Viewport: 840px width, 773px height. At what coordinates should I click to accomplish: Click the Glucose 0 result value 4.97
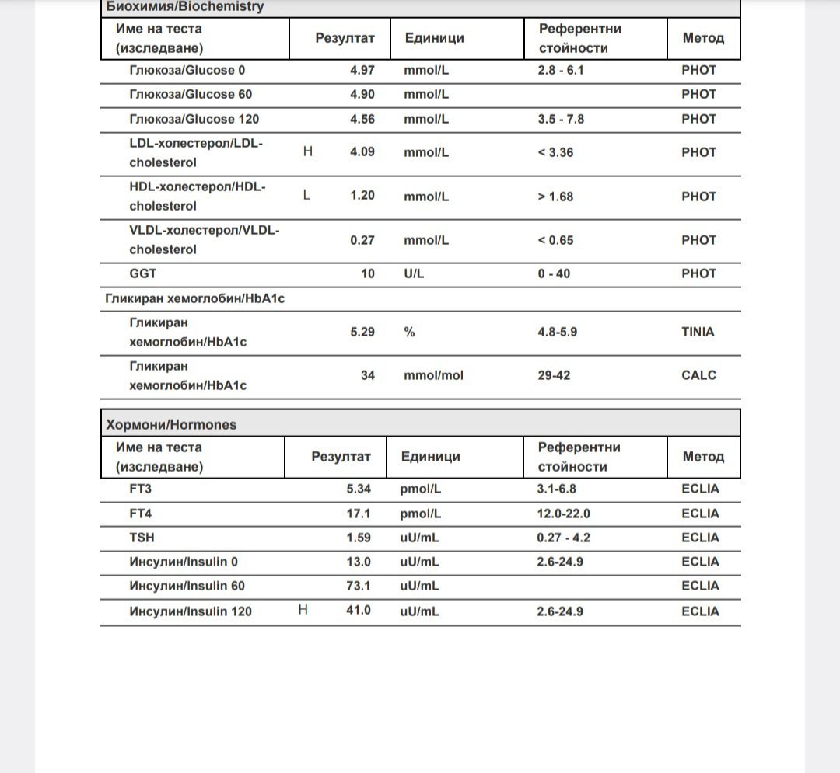coord(362,70)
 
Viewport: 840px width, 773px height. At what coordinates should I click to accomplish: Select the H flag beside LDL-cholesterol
coord(308,151)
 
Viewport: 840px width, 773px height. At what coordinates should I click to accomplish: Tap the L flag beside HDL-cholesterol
coord(306,195)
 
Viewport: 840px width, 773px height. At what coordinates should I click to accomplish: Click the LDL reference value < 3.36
coord(555,152)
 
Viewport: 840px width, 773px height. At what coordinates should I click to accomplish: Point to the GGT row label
coord(143,273)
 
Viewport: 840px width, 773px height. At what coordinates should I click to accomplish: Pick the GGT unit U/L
coord(414,273)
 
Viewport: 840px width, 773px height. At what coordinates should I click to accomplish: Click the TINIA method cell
coord(698,332)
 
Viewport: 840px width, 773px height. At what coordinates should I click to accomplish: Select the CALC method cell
coord(698,375)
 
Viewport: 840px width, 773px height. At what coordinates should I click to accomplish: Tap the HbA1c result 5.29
coord(362,332)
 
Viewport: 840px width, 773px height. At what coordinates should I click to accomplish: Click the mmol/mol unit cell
coord(433,375)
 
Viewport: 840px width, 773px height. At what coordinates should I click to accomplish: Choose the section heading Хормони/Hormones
coord(171,425)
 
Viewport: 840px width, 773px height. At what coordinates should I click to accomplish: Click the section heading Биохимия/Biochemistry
coord(184,7)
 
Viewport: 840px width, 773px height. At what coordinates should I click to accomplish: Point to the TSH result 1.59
coord(359,538)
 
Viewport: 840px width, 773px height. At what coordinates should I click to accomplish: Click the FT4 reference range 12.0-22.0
coord(563,514)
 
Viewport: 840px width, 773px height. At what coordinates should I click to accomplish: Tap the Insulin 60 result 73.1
coord(359,586)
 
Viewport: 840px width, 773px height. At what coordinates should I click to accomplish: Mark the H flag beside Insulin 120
coord(303,611)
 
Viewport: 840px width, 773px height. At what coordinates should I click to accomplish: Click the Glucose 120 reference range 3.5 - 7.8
coord(560,119)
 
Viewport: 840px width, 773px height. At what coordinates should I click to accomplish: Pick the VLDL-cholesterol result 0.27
coord(362,240)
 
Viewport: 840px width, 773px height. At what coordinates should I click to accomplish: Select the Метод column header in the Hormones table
coord(703,457)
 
